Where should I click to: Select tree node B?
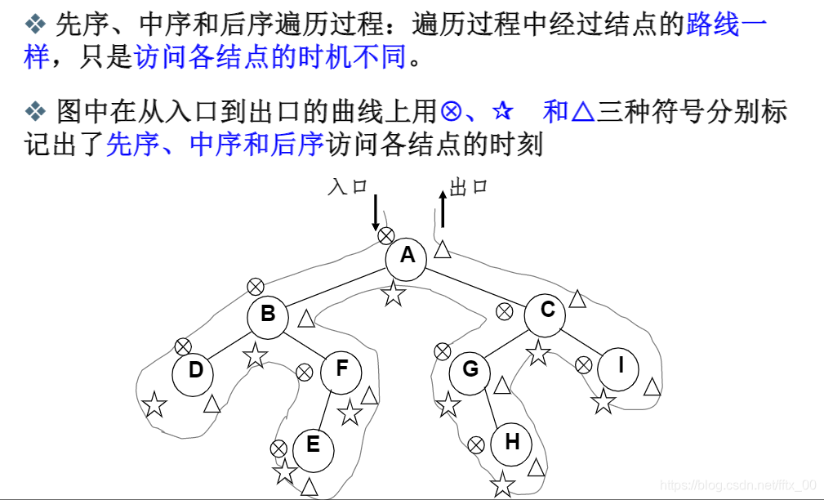[x=268, y=316]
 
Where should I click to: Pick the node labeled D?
[x=195, y=373]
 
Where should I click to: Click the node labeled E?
[x=313, y=447]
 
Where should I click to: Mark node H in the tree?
[x=511, y=444]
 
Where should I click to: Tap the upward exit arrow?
[x=443, y=209]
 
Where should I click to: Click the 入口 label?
[x=346, y=186]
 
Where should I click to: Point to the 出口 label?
[x=468, y=187]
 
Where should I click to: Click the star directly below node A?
[x=394, y=293]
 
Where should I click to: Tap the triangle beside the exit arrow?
[x=442, y=249]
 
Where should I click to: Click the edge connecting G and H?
[x=492, y=408]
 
